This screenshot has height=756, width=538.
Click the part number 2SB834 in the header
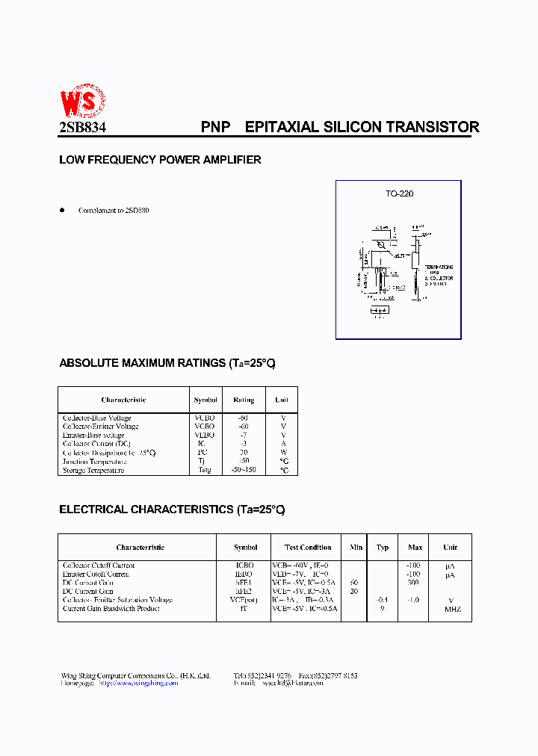tap(82, 128)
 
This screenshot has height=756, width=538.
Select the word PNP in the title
tap(215, 127)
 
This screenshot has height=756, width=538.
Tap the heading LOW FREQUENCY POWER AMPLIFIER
tap(160, 160)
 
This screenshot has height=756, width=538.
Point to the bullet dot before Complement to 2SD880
tap(63, 210)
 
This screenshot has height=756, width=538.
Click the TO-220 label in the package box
tap(399, 193)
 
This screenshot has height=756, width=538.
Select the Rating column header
tap(244, 400)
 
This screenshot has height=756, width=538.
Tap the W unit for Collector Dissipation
tap(283, 453)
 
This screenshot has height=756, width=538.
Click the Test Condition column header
tap(308, 548)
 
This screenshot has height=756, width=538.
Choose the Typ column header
tap(383, 548)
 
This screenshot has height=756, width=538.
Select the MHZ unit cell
tap(453, 609)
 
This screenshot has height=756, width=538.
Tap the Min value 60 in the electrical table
tap(354, 583)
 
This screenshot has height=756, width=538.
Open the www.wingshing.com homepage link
tap(138, 684)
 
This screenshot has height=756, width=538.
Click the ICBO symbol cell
tap(245, 566)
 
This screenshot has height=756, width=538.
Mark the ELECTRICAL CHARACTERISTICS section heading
tap(172, 509)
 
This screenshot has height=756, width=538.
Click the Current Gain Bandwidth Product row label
tap(111, 609)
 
